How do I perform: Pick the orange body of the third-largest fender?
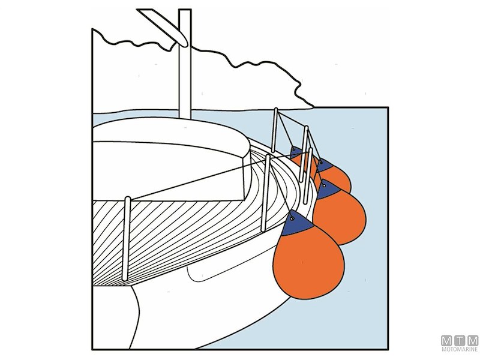pyautogui.click(x=338, y=178)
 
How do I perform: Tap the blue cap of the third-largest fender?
pyautogui.click(x=326, y=165)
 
